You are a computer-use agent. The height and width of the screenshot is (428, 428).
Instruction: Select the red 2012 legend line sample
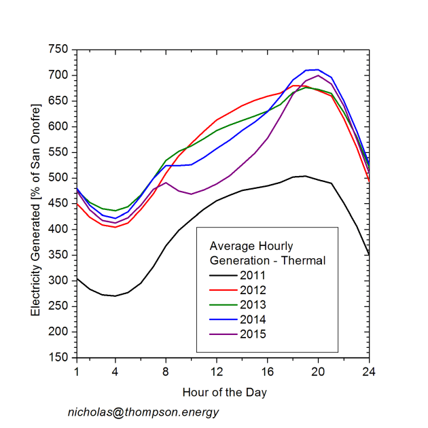(x=221, y=289)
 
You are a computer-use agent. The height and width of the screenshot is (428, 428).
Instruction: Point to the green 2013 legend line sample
(x=221, y=304)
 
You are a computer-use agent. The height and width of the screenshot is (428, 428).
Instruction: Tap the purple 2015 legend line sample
(x=221, y=334)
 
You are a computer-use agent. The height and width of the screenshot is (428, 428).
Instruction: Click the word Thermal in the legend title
(x=306, y=260)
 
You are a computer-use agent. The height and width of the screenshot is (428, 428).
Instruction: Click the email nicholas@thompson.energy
(x=143, y=412)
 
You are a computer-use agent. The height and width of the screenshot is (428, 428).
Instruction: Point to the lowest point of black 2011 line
(x=115, y=296)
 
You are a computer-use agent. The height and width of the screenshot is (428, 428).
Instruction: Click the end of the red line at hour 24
(x=369, y=181)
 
